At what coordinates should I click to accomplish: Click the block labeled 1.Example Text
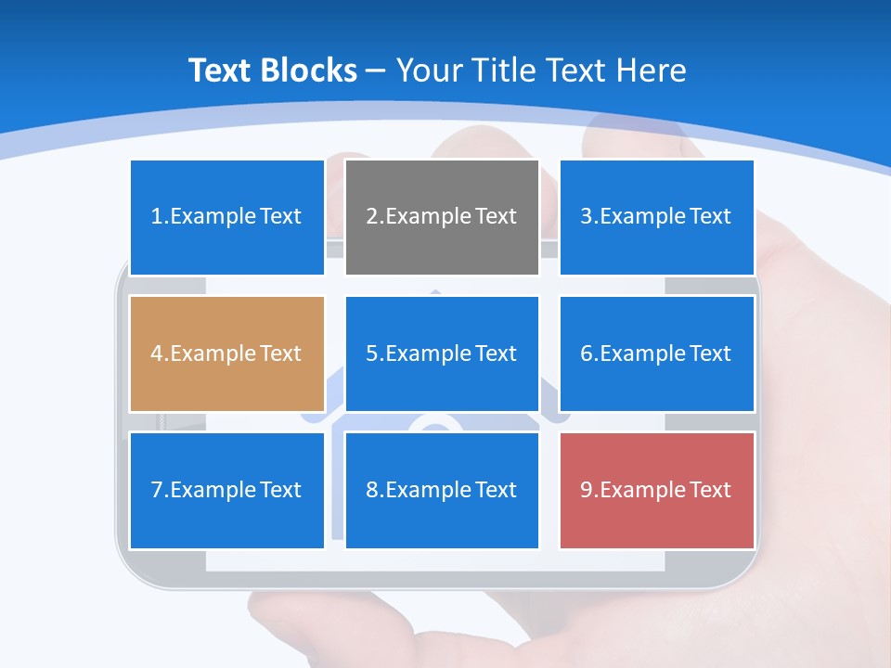226,217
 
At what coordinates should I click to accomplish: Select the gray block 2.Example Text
442,217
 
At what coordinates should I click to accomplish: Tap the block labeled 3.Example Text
656,217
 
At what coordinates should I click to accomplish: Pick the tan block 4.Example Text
226,353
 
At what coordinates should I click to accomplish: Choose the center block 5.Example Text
442,353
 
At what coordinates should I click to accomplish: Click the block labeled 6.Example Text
656,353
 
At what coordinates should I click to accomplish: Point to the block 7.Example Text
226,490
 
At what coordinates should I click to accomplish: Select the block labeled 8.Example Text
442,490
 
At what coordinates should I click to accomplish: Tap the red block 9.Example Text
656,490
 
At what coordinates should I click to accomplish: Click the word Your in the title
430,71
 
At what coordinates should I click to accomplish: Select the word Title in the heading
507,71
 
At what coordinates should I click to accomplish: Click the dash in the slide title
376,71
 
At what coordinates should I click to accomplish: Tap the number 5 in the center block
371,353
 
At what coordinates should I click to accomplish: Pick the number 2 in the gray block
371,217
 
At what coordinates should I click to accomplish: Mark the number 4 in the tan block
156,353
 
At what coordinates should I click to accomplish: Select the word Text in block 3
711,217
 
